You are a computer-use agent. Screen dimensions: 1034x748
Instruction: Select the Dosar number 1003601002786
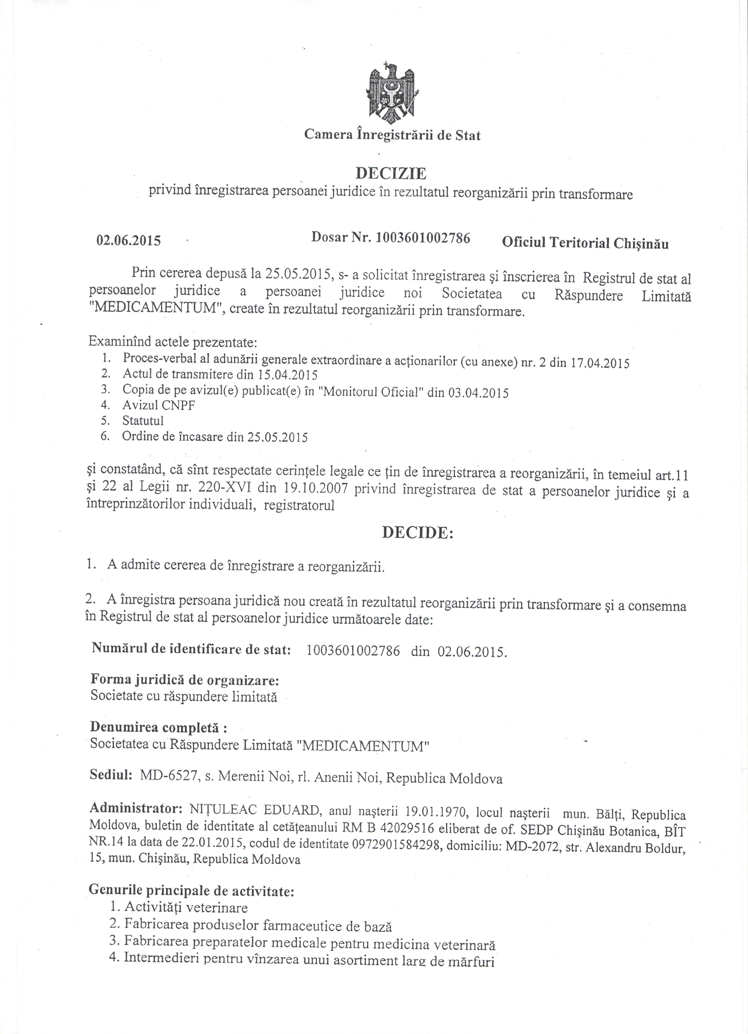(423, 238)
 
